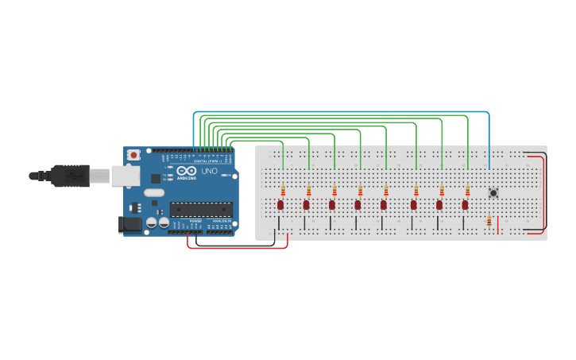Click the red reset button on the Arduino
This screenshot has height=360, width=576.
pos(133,154)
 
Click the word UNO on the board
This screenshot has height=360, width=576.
pos(209,171)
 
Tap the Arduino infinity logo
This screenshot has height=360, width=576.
pos(187,171)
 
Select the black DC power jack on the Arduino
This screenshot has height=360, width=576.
pos(130,224)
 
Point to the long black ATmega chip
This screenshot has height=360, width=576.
pos(201,209)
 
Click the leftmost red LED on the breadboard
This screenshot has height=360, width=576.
pos(280,205)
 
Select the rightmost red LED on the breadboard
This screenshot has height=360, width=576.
pos(465,205)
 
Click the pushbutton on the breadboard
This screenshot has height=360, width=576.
pos(493,193)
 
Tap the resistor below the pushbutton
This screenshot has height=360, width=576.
pos(489,222)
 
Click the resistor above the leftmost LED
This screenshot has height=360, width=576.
pos(283,189)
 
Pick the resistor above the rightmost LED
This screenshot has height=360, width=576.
pos(467,189)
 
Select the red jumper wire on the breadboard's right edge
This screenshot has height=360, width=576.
pos(544,191)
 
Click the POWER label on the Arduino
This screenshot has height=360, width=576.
pos(195,222)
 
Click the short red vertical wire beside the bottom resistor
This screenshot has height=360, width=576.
pos(497,225)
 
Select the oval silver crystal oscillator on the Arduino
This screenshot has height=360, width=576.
pos(154,192)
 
